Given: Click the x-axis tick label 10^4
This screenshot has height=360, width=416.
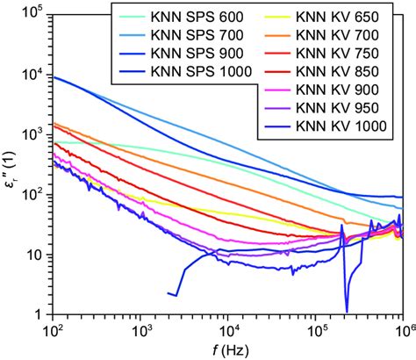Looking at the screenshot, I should click(227, 330).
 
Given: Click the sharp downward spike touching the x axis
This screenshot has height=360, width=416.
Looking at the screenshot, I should click(347, 309).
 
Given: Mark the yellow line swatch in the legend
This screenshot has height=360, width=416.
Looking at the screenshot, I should click(281, 17).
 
